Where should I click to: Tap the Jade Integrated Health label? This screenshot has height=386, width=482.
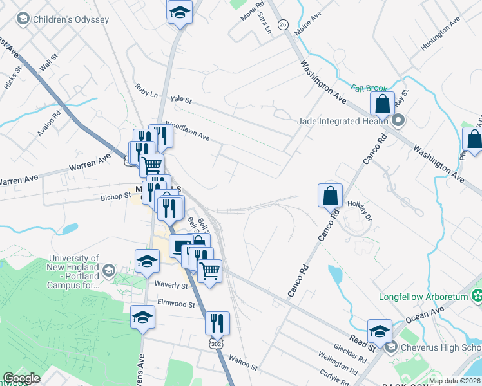[342, 120]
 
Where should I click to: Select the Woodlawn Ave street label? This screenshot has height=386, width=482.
[188, 129]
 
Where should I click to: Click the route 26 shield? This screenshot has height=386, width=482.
[283, 24]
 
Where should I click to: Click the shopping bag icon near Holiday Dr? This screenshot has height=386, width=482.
[330, 194]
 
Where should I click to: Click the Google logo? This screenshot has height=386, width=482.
[22, 378]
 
